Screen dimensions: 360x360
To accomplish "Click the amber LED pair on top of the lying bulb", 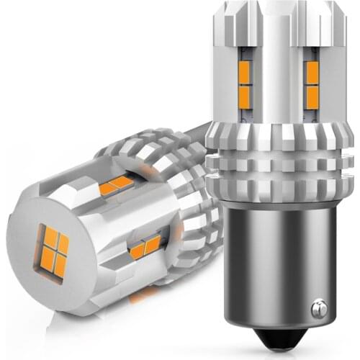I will (115, 186).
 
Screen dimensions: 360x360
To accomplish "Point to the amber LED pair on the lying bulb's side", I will (144, 248).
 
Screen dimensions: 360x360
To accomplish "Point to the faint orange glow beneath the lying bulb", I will (144, 292).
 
